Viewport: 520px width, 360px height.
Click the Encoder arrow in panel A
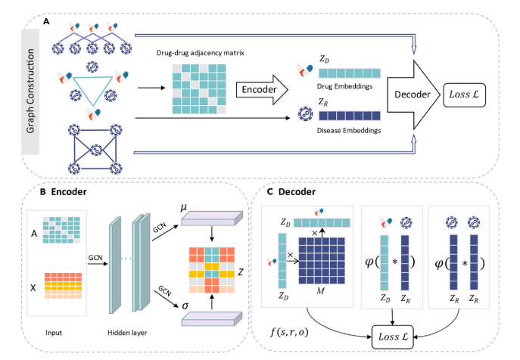click(262, 89)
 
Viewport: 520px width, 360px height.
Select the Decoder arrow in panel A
click(413, 95)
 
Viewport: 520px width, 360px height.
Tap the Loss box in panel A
click(464, 95)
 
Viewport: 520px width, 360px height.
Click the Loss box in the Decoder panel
click(393, 337)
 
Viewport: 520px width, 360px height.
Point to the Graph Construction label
click(30, 92)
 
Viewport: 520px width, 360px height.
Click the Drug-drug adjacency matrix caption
click(201, 53)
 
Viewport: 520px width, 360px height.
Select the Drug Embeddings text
click(344, 86)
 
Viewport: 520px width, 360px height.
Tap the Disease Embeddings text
click(349, 131)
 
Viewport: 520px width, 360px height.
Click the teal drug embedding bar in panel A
click(350, 73)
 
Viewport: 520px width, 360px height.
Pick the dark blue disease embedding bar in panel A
click(350, 116)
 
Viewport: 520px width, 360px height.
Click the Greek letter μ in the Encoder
click(183, 208)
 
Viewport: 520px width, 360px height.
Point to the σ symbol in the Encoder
click(185, 306)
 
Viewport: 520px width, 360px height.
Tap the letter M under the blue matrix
click(320, 291)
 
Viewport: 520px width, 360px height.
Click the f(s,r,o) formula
click(289, 331)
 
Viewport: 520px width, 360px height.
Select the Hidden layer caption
click(127, 333)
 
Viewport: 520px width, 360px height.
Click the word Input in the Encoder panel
click(54, 333)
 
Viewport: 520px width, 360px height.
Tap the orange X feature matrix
click(63, 286)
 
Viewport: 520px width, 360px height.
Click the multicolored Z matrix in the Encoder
click(212, 270)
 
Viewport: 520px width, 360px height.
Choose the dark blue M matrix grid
click(322, 261)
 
